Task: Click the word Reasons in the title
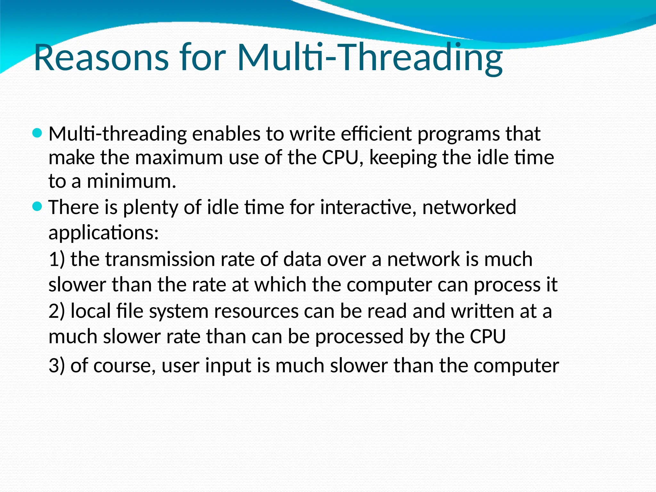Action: click(101, 58)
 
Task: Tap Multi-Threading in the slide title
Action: click(370, 58)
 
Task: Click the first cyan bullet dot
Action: click(37, 133)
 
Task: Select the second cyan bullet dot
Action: click(37, 207)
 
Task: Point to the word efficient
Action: click(376, 134)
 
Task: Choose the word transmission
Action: click(160, 259)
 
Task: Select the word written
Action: click(483, 311)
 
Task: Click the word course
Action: click(122, 366)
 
